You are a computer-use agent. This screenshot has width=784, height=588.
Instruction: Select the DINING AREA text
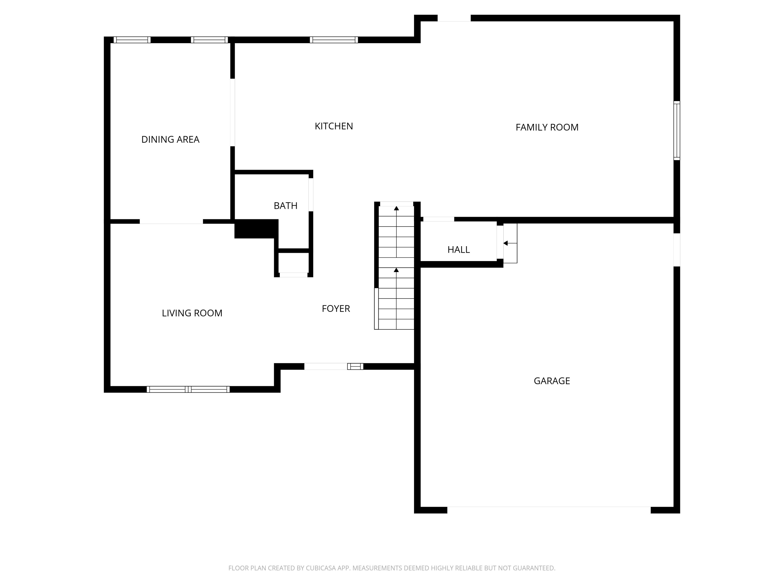(x=170, y=140)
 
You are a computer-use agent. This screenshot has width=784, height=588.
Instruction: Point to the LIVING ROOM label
(x=192, y=313)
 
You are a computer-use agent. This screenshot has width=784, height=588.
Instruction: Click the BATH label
(x=285, y=206)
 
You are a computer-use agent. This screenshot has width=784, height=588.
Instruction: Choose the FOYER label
(x=336, y=309)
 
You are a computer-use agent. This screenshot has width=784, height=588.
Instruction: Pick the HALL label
(x=458, y=250)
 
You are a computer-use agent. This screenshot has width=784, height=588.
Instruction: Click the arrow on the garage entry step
(x=506, y=243)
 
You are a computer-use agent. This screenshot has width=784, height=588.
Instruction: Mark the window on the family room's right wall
(x=676, y=130)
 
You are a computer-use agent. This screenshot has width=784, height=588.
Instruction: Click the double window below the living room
(x=188, y=389)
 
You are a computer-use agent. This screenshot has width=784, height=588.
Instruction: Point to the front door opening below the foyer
(x=325, y=366)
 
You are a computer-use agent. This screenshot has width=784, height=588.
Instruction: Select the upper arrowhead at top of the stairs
(x=396, y=208)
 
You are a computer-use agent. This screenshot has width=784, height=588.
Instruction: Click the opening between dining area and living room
(x=171, y=222)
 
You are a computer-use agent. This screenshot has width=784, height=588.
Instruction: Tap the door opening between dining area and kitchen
(x=233, y=112)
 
